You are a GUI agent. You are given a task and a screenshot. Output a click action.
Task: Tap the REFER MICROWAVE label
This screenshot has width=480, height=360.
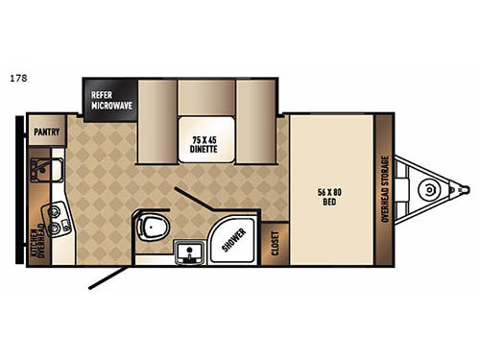[111, 101]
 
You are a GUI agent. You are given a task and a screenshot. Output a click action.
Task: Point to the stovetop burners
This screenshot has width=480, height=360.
[57, 222]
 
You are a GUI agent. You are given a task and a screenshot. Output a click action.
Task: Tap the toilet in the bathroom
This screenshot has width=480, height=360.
[152, 229]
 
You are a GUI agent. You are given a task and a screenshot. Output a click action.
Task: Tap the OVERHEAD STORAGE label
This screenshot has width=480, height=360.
[384, 191]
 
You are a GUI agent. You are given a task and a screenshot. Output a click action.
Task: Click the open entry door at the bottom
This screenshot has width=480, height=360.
[108, 277]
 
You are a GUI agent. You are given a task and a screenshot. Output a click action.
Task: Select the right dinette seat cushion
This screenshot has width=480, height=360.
[254, 108]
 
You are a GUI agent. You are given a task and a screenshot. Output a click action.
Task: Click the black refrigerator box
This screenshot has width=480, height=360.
[111, 98]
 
